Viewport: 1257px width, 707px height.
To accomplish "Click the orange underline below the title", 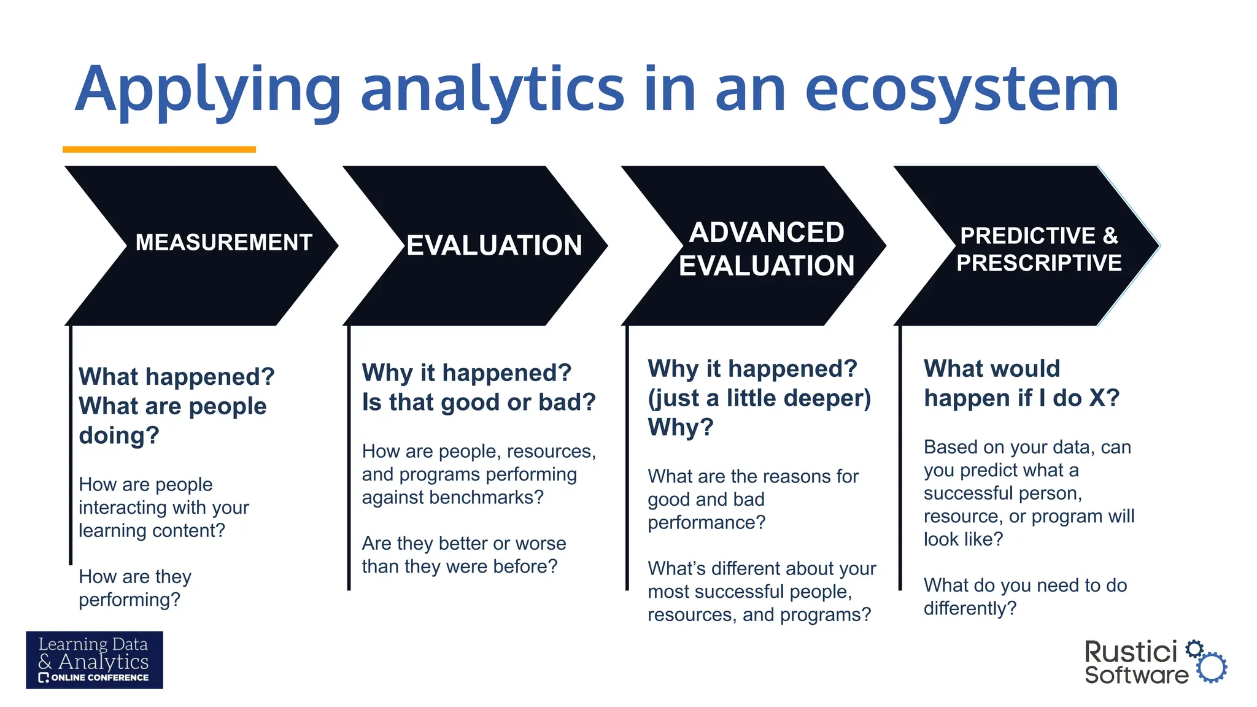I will point(159,149).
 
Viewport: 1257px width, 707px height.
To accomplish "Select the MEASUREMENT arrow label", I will point(223,242).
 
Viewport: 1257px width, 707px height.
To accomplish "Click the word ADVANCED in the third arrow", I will point(767,233).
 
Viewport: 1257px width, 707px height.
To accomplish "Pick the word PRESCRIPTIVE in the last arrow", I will point(1038,263).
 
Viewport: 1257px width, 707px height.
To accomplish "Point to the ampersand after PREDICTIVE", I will point(1110,236).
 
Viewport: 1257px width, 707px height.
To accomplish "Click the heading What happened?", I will point(177,376).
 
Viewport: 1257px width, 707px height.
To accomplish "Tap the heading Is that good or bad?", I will point(479,402).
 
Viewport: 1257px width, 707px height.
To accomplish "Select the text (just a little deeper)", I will point(759,398).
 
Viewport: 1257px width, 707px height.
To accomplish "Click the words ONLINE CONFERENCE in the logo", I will point(99,678).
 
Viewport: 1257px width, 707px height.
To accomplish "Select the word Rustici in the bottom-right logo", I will point(1131,652).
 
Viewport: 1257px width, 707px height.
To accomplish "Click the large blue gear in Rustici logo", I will point(1212,668).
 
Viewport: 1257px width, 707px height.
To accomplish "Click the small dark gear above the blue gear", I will point(1194,649).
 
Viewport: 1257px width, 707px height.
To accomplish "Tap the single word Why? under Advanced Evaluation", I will point(681,427).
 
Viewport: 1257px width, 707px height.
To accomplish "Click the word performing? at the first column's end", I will point(130,600).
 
